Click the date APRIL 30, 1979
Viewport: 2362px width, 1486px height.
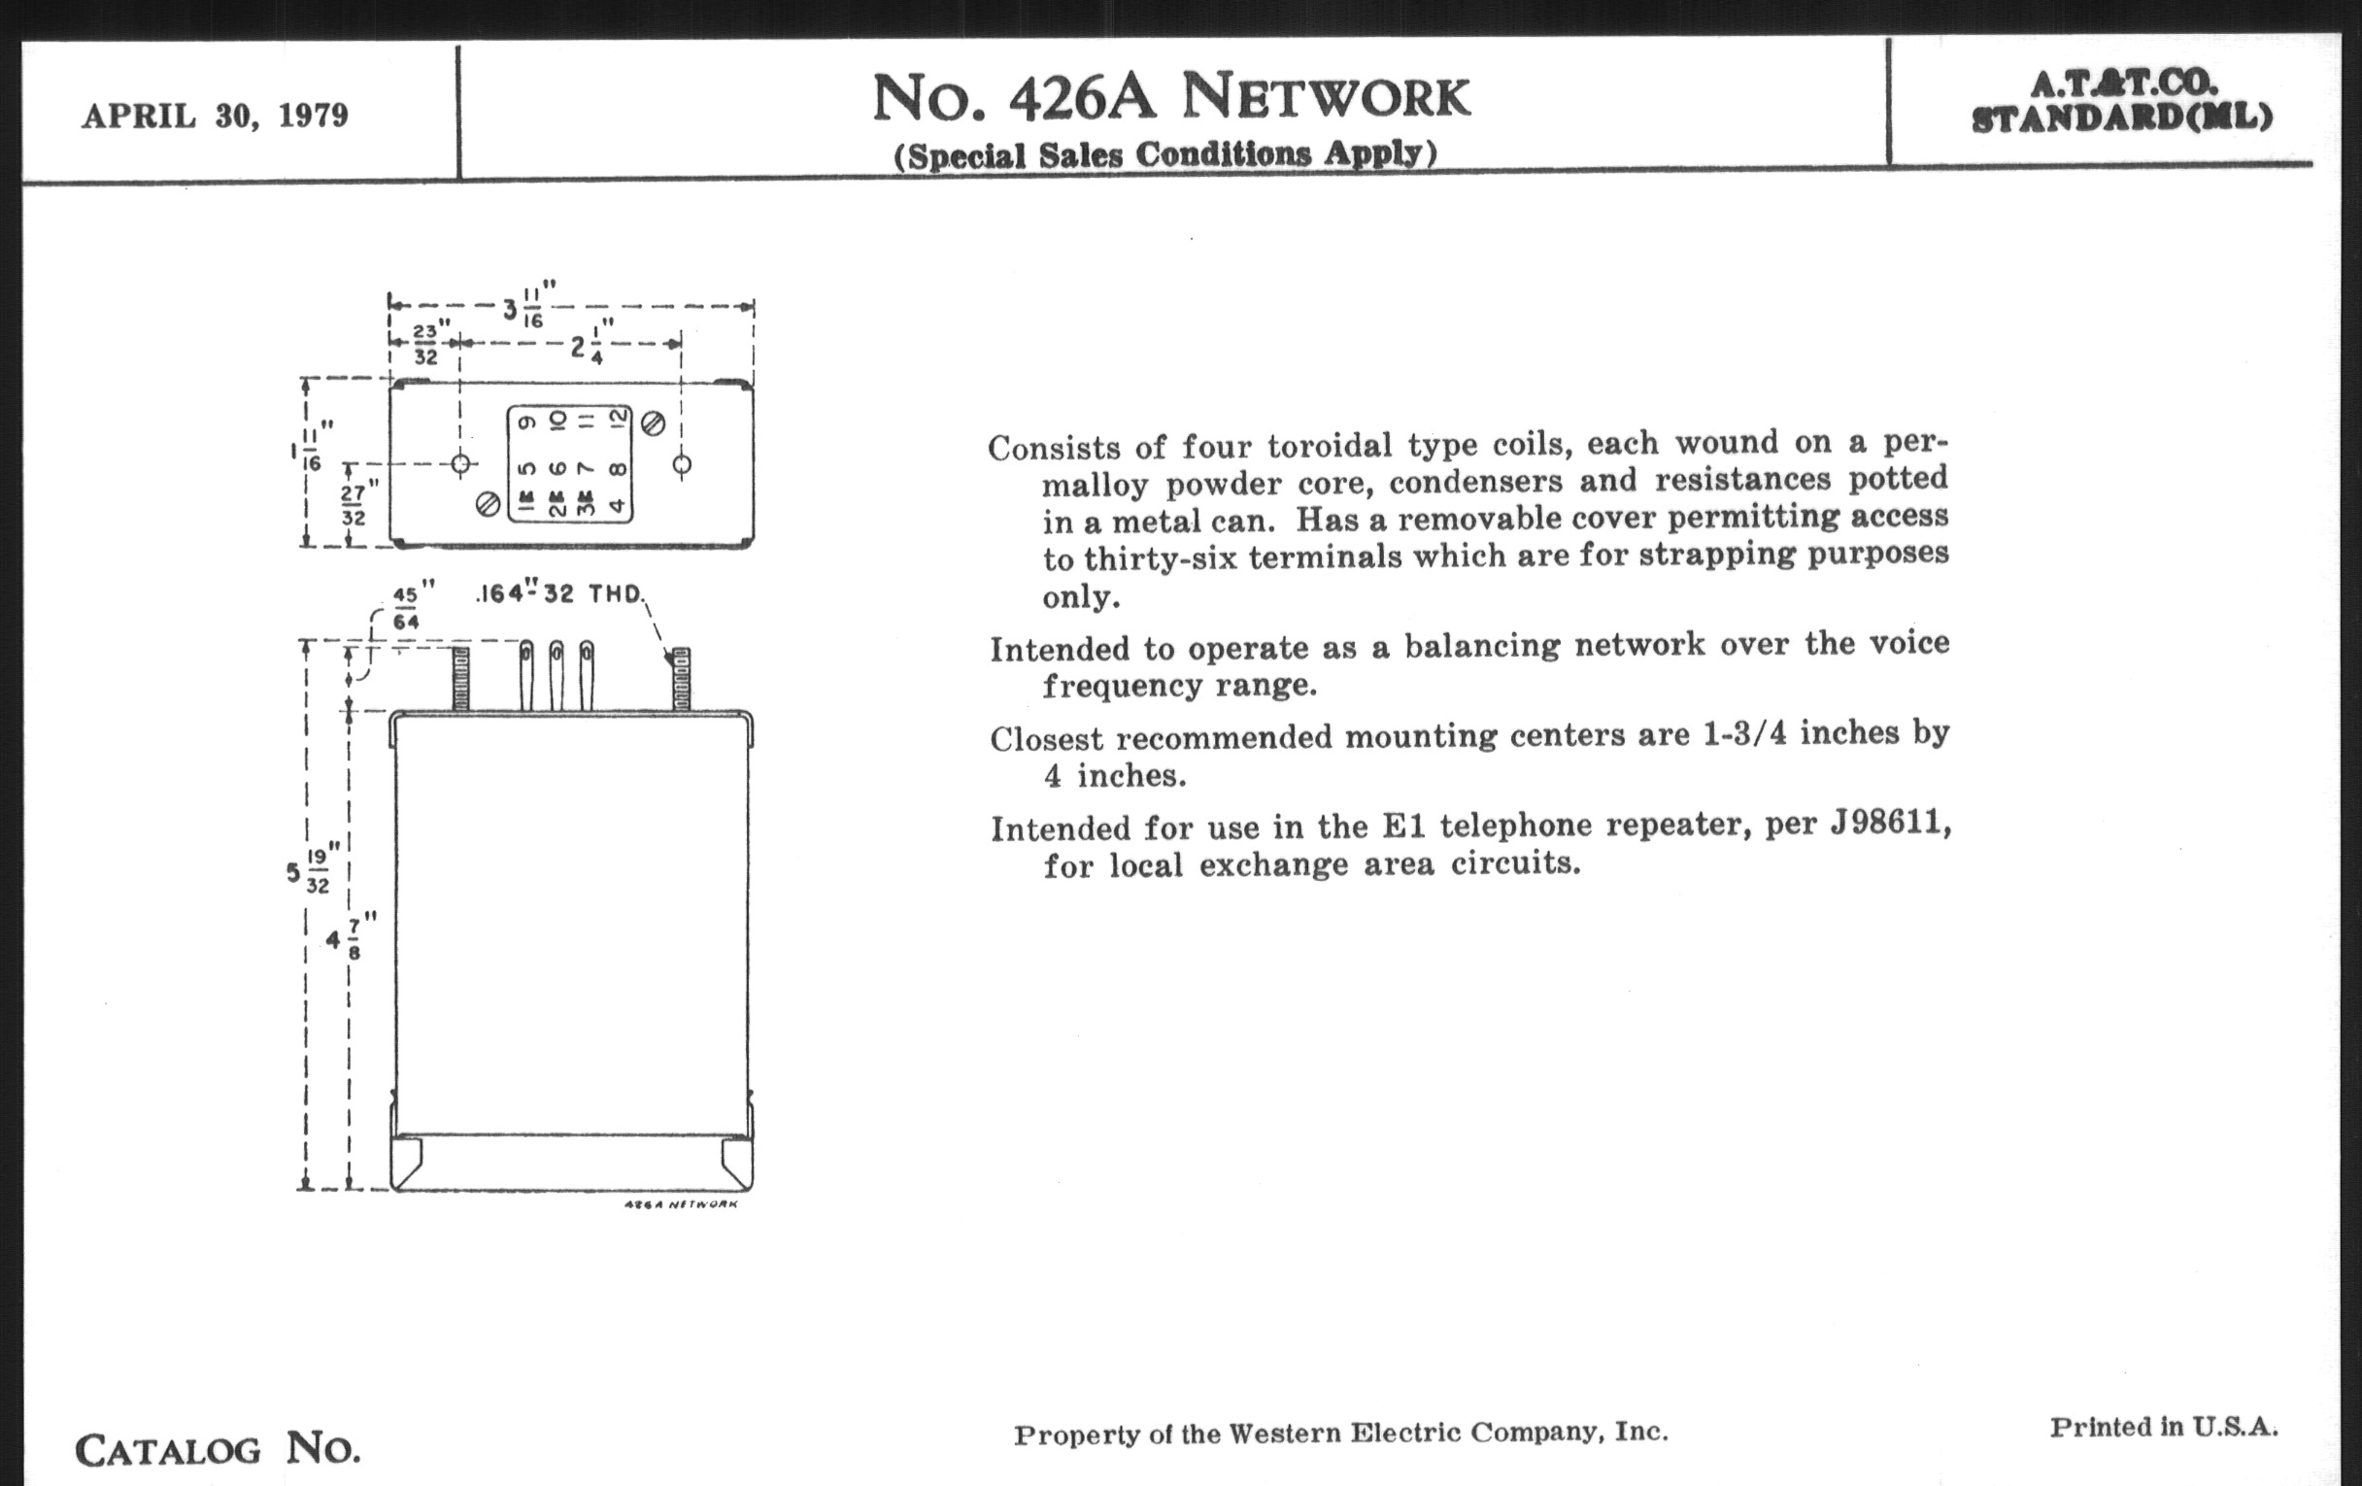[x=215, y=116]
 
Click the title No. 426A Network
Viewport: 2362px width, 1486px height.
[x=1170, y=98]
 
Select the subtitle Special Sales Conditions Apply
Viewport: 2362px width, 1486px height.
[x=1164, y=155]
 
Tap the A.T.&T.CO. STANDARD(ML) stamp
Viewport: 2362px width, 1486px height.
[x=2122, y=101]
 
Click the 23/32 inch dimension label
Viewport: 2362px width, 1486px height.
[x=425, y=343]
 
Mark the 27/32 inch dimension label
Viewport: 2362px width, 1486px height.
[x=354, y=504]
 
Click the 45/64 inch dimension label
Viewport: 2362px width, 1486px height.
[x=406, y=608]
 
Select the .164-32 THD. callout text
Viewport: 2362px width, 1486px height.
[x=560, y=593]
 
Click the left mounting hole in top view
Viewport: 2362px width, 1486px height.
[x=461, y=464]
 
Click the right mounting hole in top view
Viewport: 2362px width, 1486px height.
[x=682, y=464]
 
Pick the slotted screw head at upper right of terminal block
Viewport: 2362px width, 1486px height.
[x=654, y=423]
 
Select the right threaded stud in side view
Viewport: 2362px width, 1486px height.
[x=681, y=679]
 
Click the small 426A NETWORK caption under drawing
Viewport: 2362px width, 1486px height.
[x=681, y=1203]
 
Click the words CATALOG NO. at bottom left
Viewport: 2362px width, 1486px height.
[x=218, y=1449]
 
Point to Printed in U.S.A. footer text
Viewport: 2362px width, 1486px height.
[x=2163, y=1426]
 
